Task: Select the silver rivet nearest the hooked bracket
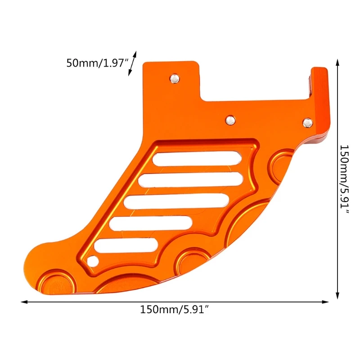tap(308, 122)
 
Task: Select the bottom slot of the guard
tap(126, 245)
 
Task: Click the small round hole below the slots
tap(94, 261)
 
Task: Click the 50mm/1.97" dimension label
tap(95, 63)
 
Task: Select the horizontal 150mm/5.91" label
tap(175, 310)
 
